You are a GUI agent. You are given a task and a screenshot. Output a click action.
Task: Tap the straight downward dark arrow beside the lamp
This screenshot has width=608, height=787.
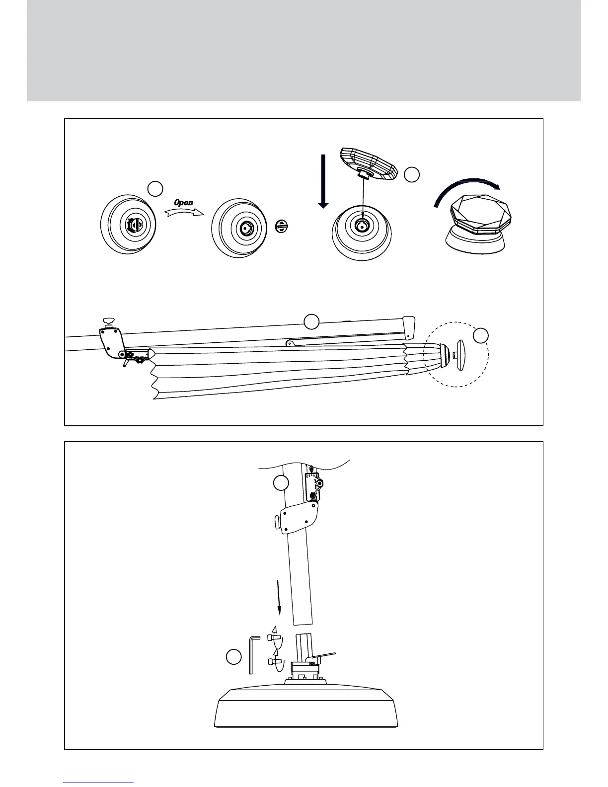(x=323, y=181)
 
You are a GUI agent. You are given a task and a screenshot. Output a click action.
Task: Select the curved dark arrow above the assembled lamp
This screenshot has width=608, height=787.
(x=467, y=191)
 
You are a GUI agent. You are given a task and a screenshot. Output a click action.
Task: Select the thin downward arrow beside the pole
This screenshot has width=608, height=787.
(x=279, y=598)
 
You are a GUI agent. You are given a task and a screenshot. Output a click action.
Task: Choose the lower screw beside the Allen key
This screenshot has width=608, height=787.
(x=274, y=661)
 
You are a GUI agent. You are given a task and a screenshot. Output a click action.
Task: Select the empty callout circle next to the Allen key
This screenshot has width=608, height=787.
(x=233, y=656)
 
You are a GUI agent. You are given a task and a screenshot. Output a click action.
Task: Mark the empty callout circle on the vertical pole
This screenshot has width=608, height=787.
(x=281, y=483)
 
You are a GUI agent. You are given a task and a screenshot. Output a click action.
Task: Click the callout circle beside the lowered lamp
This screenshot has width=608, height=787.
(x=412, y=174)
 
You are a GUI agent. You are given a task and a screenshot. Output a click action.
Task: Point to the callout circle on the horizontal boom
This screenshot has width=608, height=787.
(x=311, y=322)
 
